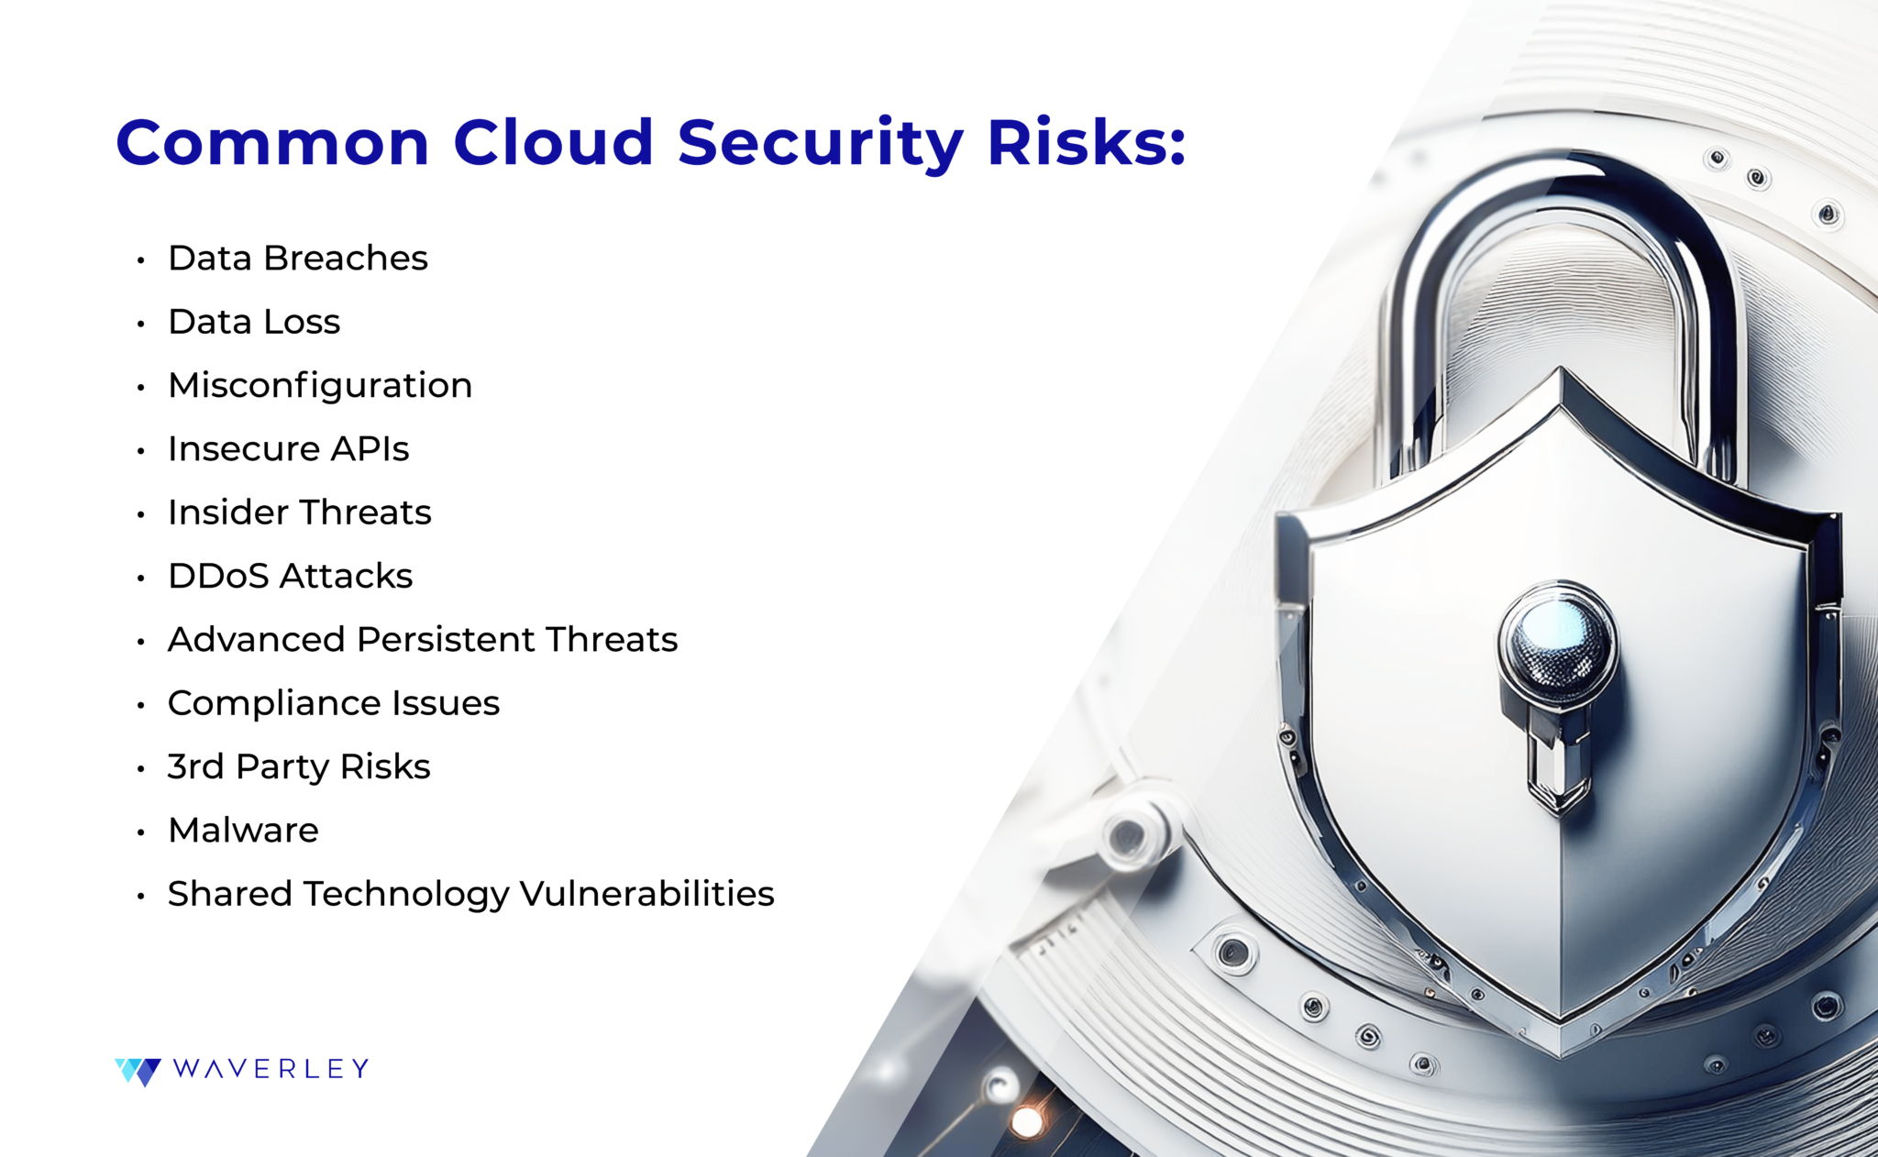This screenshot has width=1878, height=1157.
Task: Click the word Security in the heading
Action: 820,143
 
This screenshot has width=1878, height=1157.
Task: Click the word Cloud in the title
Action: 553,143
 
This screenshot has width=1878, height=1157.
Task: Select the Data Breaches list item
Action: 297,259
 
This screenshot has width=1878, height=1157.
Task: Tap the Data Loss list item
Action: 254,322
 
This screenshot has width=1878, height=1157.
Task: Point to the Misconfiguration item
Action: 320,386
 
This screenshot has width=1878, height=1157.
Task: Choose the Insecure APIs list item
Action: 288,449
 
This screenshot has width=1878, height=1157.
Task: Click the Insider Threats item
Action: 299,512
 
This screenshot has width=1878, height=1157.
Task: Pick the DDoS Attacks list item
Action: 290,577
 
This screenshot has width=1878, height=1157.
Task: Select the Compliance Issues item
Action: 333,703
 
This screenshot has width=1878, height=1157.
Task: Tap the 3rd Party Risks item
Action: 298,767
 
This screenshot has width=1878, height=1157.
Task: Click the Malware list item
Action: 243,831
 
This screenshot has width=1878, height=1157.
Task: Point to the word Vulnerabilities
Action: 647,894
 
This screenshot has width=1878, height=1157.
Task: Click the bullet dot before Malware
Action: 141,832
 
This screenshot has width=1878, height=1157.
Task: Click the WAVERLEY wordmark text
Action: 271,1069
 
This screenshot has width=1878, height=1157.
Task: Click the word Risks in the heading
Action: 1086,143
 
